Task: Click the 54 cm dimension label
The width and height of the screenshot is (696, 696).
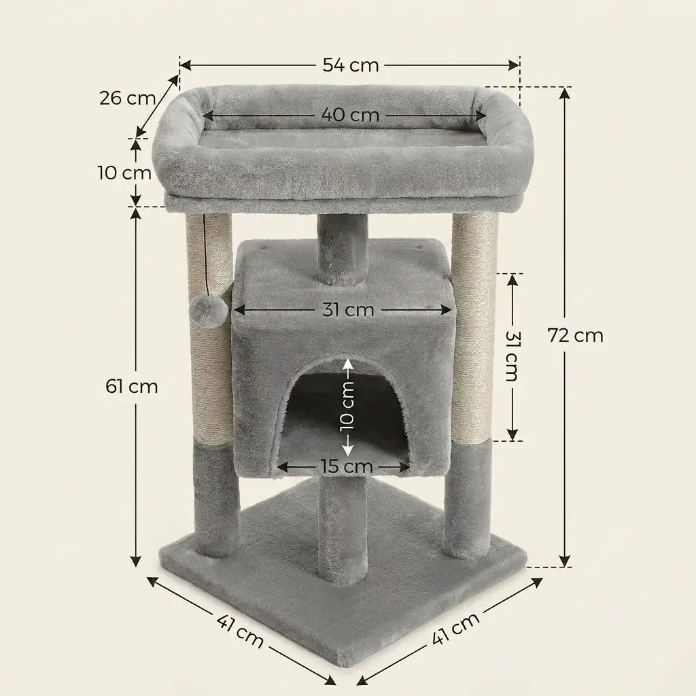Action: [x=350, y=65]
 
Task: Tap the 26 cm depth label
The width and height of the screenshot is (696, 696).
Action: [x=127, y=98]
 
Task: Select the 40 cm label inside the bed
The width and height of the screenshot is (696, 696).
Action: [x=350, y=115]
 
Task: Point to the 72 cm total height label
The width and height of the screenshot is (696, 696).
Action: [x=575, y=335]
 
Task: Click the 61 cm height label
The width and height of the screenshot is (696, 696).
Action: [x=132, y=386]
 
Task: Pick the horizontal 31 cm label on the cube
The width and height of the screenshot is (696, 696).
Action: [x=349, y=309]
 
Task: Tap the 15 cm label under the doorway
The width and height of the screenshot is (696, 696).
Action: [x=347, y=466]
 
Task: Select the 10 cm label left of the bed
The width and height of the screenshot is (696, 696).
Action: [x=125, y=173]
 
